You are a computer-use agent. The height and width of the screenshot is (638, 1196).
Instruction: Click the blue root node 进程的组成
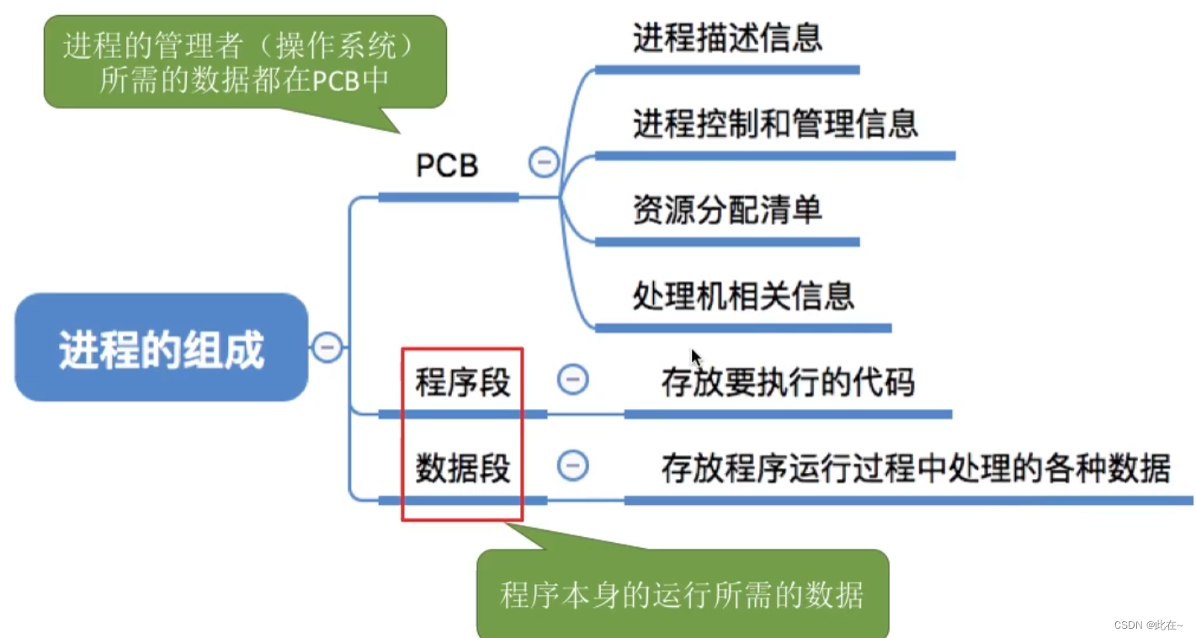click(161, 348)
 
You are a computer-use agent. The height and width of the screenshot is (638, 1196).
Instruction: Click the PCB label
click(447, 166)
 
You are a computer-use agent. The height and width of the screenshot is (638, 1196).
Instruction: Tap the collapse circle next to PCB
click(544, 162)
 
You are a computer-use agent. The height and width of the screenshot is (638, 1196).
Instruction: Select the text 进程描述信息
click(727, 38)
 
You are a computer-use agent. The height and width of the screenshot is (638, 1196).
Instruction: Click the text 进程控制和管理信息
click(775, 124)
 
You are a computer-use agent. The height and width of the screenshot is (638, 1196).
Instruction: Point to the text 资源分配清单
click(727, 210)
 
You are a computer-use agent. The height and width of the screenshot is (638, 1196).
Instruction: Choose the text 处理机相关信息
click(743, 295)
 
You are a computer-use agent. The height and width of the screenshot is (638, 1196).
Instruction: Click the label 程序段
click(463, 382)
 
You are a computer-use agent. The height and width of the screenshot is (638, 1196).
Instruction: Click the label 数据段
click(463, 468)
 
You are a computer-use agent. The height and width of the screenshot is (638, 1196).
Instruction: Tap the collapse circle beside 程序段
click(573, 380)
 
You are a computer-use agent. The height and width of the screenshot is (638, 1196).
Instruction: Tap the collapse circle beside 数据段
click(573, 465)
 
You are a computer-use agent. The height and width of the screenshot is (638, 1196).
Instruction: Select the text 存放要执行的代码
click(788, 383)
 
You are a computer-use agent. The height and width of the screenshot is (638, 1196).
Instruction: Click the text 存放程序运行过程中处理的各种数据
click(916, 469)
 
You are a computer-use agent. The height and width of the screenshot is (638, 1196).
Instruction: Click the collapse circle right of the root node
click(327, 346)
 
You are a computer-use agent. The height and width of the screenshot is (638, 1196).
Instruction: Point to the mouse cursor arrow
click(695, 357)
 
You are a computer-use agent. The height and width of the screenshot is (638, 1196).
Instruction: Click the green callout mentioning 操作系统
click(244, 61)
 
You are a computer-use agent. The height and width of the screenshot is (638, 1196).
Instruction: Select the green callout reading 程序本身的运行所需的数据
click(682, 595)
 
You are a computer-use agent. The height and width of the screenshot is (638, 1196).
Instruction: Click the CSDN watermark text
click(1147, 625)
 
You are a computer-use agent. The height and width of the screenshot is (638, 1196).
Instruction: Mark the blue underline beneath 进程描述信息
click(727, 70)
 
